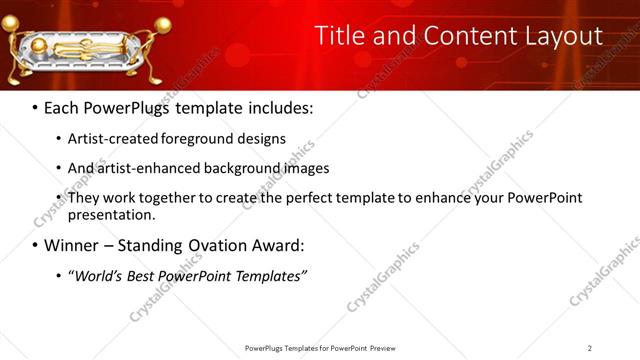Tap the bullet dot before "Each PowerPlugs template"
coord(36,107)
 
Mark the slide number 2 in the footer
coord(589,348)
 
